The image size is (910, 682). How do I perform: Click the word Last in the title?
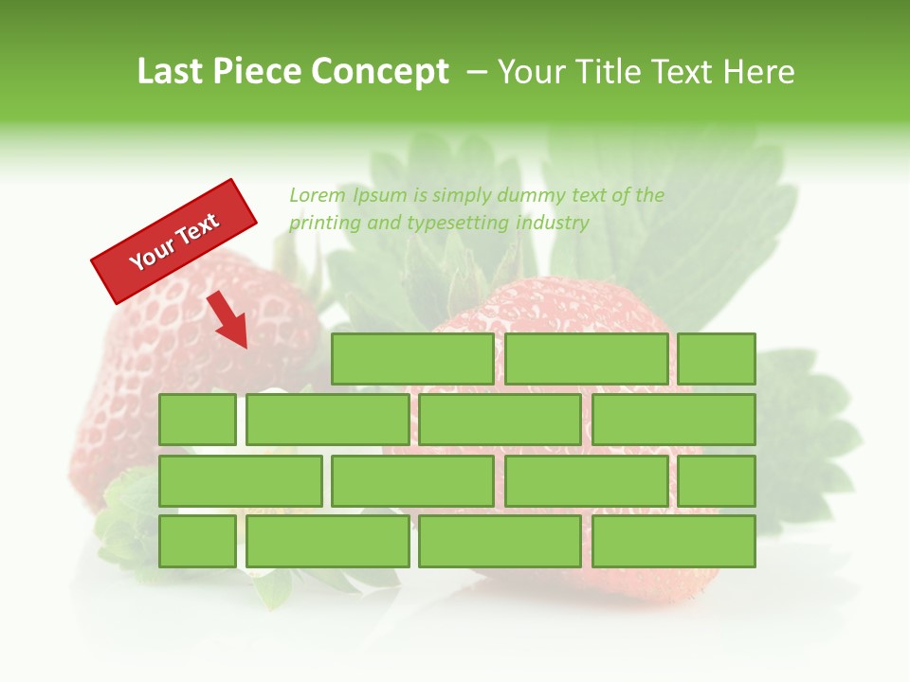(170, 72)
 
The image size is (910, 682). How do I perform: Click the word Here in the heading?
(759, 72)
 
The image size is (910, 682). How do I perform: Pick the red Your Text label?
(174, 241)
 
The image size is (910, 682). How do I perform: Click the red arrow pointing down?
(228, 320)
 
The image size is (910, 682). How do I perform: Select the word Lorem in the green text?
(318, 195)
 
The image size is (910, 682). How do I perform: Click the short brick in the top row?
(717, 359)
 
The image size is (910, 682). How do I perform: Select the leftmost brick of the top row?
(412, 359)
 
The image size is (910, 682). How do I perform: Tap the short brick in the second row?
(197, 420)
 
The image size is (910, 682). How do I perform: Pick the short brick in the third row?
(717, 481)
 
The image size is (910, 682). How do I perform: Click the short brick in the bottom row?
(197, 542)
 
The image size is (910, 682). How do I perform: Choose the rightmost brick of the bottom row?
(674, 542)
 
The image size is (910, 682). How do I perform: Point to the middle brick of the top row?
(586, 359)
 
